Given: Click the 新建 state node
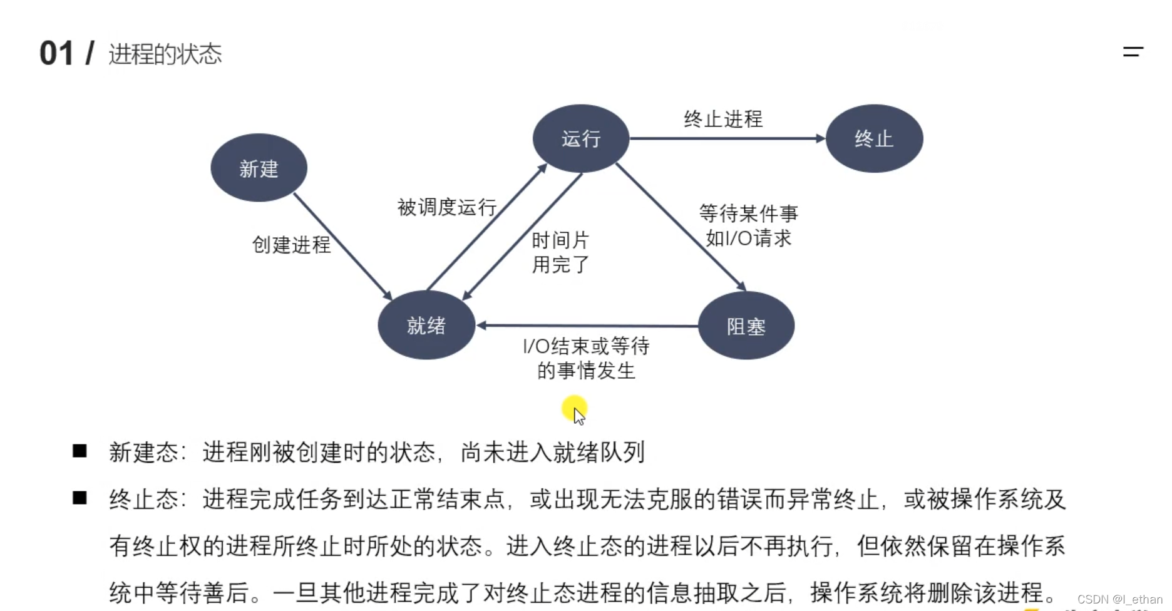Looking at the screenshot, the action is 259,168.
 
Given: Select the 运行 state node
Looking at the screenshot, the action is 580,138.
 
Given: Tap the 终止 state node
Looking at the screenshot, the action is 874,138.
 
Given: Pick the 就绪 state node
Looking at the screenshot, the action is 426,325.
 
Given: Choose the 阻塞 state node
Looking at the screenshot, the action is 746,326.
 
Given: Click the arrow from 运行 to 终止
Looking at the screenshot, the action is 726,138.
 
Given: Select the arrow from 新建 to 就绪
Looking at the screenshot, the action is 342,246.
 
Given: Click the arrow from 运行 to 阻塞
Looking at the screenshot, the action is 681,227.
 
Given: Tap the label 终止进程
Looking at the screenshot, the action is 723,119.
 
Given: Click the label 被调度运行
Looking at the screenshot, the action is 447,207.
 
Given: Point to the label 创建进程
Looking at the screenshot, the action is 291,245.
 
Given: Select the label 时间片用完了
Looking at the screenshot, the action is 560,252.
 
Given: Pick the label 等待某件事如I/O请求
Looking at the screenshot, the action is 749,226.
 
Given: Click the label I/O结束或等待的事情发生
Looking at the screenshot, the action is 586,358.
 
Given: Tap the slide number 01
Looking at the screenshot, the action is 56,54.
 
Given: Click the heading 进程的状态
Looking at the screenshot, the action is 165,54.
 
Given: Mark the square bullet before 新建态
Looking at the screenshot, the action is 80,451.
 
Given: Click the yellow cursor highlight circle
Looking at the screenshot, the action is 574,408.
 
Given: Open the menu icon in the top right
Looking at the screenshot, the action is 1133,52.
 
